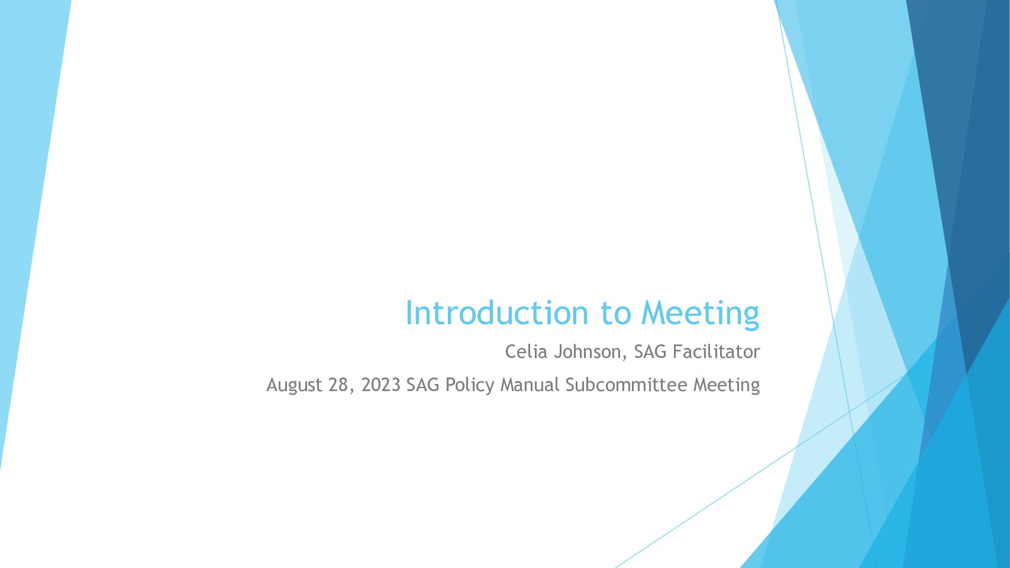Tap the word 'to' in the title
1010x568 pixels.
coord(615,314)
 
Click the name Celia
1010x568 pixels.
coord(526,351)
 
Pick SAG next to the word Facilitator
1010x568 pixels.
coord(650,351)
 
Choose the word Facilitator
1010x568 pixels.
coord(717,351)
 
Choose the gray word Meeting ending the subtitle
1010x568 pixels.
coord(727,386)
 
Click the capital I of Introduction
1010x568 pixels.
coord(408,313)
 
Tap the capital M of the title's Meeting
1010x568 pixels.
coord(654,313)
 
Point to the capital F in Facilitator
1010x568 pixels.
coord(678,351)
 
